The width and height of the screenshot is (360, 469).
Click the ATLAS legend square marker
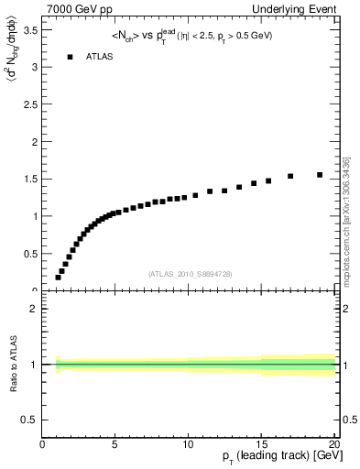coord(69,57)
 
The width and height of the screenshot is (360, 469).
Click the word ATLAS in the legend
coord(100,57)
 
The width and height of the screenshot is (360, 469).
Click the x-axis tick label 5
coord(115,446)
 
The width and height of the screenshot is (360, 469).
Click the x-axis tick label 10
coord(188,446)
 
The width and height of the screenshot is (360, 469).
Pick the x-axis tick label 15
coord(261,446)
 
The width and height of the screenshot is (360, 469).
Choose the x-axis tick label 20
coord(333,446)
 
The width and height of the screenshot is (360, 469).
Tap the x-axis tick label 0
coord(43,446)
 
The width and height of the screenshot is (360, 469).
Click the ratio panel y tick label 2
coord(34,309)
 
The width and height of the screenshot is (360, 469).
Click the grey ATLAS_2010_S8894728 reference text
coord(188,273)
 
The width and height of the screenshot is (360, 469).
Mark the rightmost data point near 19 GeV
coord(320,175)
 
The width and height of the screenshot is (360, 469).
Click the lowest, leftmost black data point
coord(58,278)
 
